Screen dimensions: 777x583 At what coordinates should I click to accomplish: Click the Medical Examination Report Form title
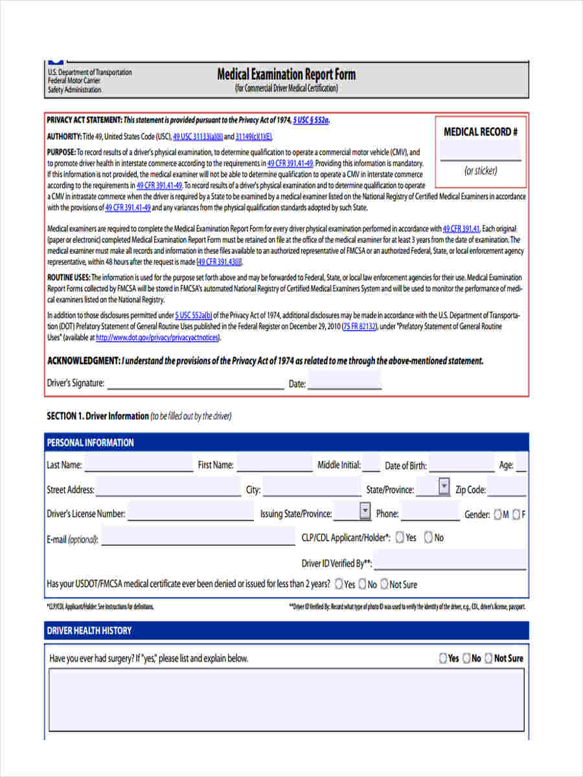click(286, 74)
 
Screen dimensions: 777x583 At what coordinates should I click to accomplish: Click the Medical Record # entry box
click(480, 151)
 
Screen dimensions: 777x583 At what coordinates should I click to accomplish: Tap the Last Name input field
click(139, 464)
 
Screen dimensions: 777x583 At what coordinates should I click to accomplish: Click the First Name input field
click(274, 464)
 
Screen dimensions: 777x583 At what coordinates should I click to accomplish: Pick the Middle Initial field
click(371, 464)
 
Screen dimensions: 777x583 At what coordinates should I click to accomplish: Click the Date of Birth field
click(461, 465)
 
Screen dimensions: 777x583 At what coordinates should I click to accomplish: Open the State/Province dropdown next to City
click(444, 486)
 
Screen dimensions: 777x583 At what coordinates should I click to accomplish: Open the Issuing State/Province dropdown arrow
click(365, 511)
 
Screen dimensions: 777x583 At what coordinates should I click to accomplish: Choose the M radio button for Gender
click(497, 515)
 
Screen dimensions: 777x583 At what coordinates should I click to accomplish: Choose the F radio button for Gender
click(516, 515)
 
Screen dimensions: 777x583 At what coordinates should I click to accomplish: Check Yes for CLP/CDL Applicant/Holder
click(400, 537)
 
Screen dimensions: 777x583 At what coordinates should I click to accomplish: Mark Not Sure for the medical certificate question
click(384, 584)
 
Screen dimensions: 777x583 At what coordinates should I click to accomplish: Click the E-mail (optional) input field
click(198, 537)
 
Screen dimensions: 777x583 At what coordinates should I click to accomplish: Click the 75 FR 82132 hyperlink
click(360, 327)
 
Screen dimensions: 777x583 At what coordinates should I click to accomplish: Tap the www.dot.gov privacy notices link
click(157, 338)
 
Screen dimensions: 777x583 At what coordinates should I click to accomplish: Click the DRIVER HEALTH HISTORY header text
click(89, 631)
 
